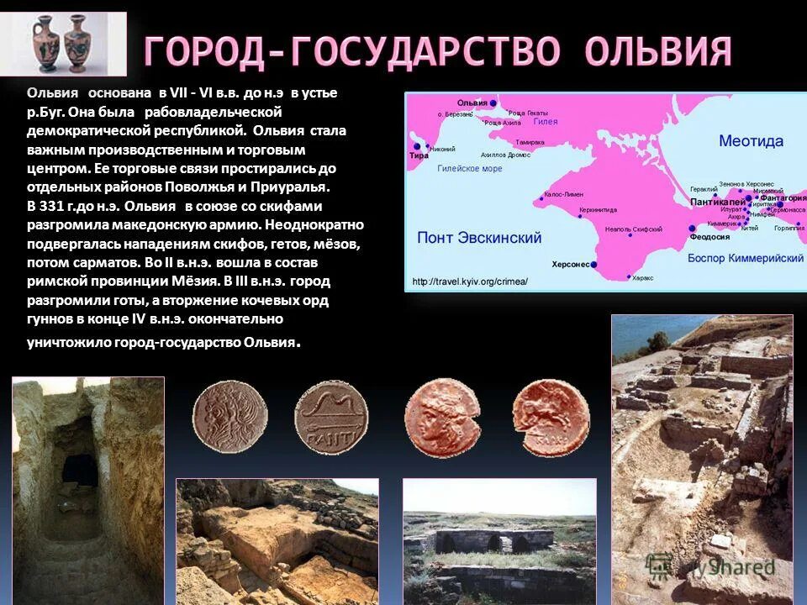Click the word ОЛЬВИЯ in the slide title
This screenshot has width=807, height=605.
coord(658,52)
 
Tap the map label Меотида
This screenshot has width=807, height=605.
coord(751,140)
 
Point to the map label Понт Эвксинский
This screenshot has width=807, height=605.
coord(479,238)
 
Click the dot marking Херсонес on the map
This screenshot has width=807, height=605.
coord(593,264)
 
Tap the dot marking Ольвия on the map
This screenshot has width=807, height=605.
coord(493,103)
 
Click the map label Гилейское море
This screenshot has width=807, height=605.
coord(469,168)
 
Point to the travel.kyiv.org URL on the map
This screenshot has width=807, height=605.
coord(470,281)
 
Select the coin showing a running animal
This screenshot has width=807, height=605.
coord(551,417)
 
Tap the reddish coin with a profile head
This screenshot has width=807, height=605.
coord(441,418)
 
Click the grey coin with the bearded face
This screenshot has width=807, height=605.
coord(229,417)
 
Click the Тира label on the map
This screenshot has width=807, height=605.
coord(418,155)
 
